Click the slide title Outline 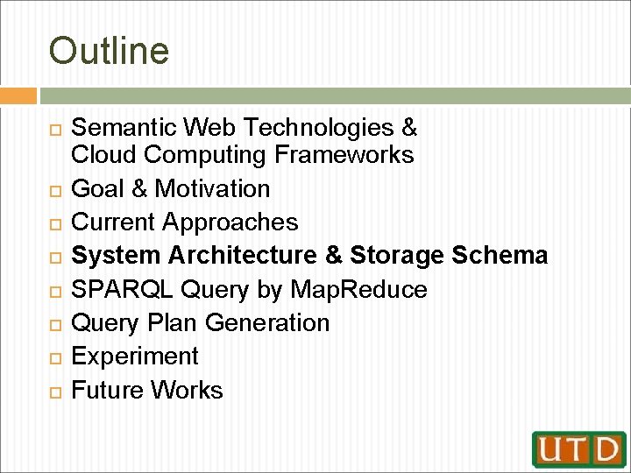pyautogui.click(x=109, y=51)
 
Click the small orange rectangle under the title pyautogui.click(x=18, y=95)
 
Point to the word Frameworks pyautogui.click(x=344, y=155)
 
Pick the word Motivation pyautogui.click(x=213, y=188)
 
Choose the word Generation pyautogui.click(x=267, y=323)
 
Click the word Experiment pyautogui.click(x=135, y=357)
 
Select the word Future pyautogui.click(x=108, y=390)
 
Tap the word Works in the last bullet pyautogui.click(x=188, y=390)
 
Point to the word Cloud pyautogui.click(x=104, y=155)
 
